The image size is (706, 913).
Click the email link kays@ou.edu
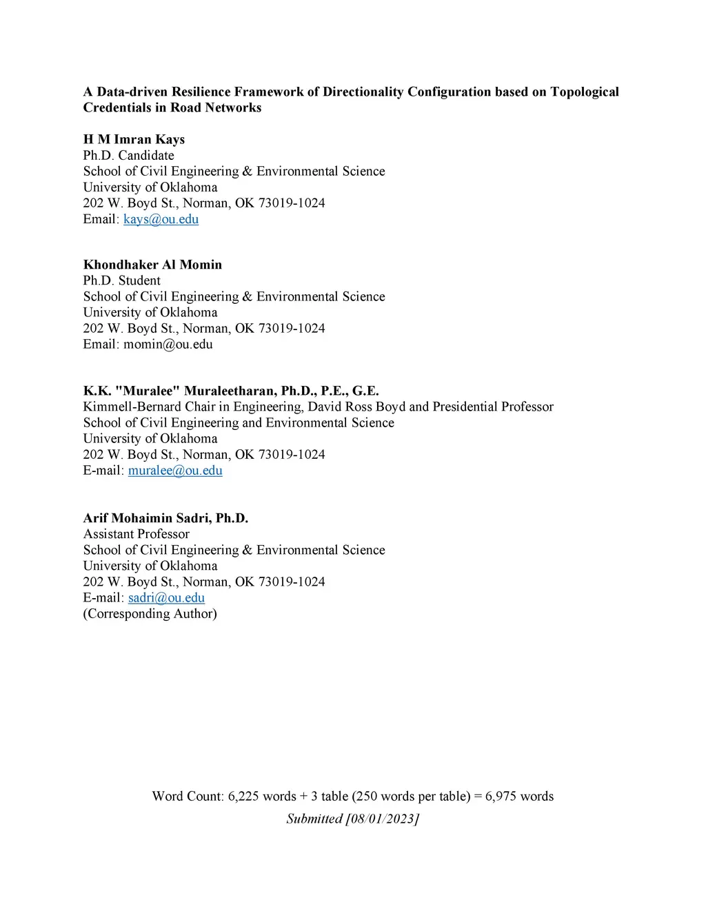click(x=161, y=219)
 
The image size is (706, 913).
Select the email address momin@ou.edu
click(x=168, y=345)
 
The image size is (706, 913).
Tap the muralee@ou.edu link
click(x=175, y=471)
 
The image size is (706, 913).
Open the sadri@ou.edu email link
click(x=166, y=597)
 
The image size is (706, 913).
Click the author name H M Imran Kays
click(x=134, y=139)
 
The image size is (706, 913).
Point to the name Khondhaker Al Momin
click(x=152, y=265)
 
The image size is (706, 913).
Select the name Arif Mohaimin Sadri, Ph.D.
click(x=165, y=518)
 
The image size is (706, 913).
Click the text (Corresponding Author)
click(x=150, y=613)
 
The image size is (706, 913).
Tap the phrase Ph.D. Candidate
click(x=128, y=155)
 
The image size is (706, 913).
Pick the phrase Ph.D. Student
click(x=121, y=280)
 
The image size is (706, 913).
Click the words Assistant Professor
click(x=136, y=534)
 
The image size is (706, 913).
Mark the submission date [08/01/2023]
click(x=382, y=819)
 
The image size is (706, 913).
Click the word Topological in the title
click(x=584, y=92)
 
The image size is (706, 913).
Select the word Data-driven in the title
click(x=132, y=92)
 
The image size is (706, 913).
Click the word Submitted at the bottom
click(x=314, y=819)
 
